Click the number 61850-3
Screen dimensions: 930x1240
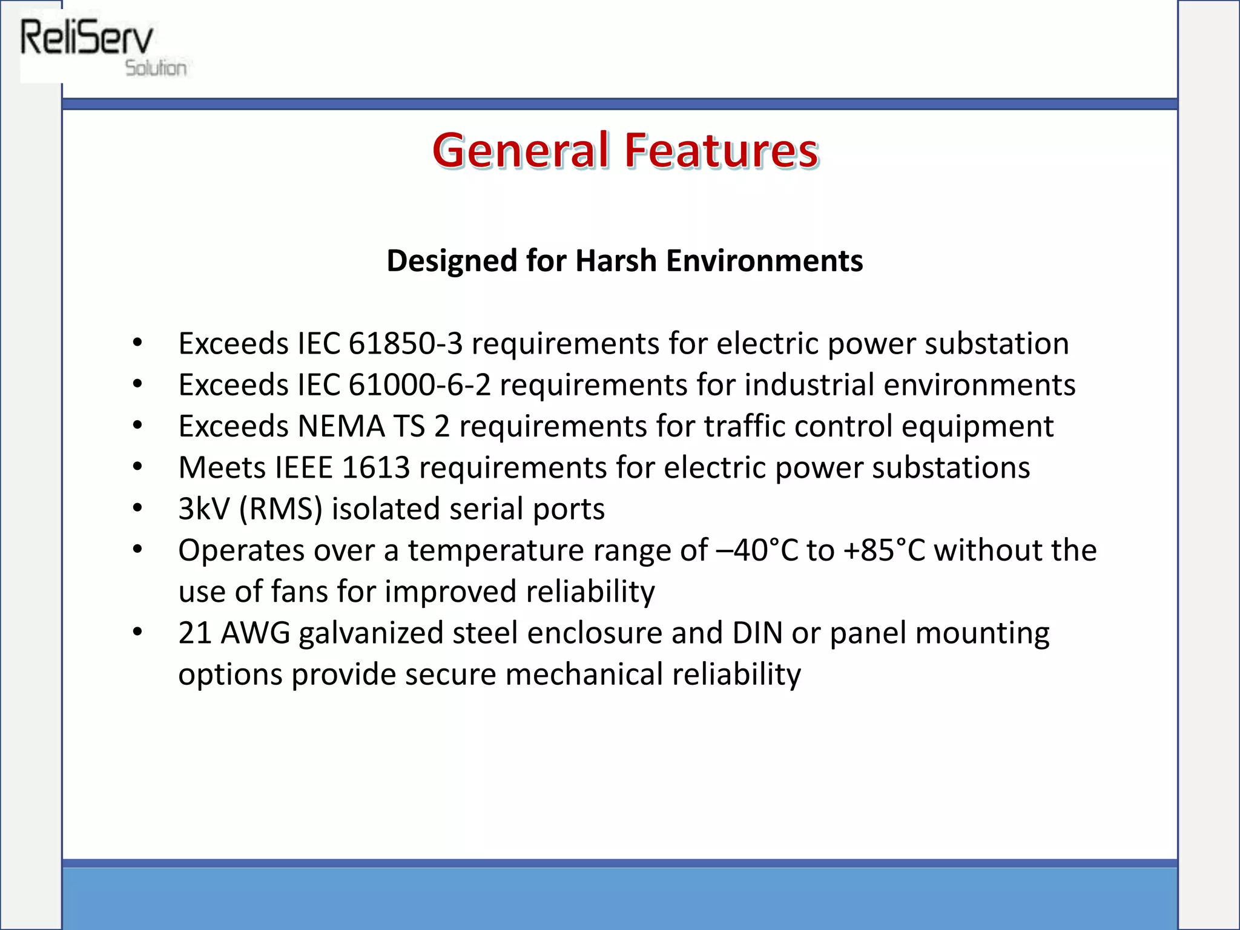click(x=406, y=343)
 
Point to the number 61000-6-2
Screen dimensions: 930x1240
click(x=420, y=385)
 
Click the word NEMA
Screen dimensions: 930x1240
click(x=341, y=426)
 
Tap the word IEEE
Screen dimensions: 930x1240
click(x=304, y=467)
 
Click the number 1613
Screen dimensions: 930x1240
click(x=376, y=467)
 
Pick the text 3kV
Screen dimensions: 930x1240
click(x=204, y=509)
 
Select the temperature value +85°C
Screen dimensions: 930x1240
click(x=885, y=550)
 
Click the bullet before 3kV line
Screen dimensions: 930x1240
click(x=137, y=509)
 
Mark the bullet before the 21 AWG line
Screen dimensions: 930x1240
click(x=137, y=633)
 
